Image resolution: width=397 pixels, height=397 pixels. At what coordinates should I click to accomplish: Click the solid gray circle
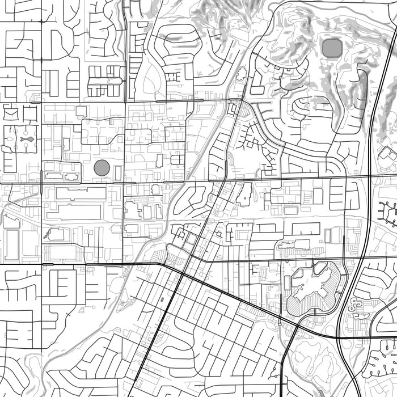pyautogui.click(x=102, y=168)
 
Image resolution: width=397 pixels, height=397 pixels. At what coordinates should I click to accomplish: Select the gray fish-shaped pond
pyautogui.click(x=26, y=138)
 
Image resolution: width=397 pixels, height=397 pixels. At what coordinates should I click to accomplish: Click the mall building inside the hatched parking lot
pyautogui.click(x=314, y=288)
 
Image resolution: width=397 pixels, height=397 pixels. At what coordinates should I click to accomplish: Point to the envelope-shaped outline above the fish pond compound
pyautogui.click(x=11, y=113)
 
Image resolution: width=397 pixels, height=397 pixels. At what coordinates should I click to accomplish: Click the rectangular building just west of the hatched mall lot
pyautogui.click(x=287, y=282)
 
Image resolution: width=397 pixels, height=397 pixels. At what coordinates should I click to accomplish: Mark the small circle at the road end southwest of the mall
pyautogui.click(x=280, y=324)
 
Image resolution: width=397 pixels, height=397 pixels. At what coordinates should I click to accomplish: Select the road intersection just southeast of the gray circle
pyautogui.click(x=124, y=183)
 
